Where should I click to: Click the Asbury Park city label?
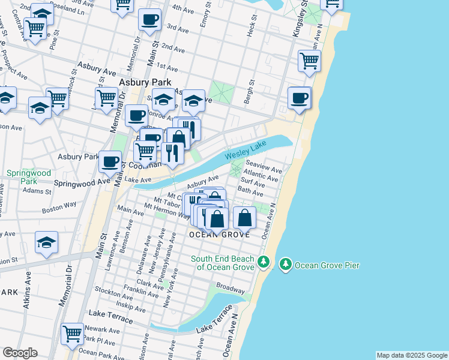145,83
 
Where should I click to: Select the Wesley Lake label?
245,152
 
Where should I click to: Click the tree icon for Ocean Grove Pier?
285,264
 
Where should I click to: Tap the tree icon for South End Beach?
263,262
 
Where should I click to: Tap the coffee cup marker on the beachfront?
299,98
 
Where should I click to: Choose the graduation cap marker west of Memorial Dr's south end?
46,242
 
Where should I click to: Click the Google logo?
20,353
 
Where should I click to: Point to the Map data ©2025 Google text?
411,355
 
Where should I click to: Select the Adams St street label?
37,191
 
